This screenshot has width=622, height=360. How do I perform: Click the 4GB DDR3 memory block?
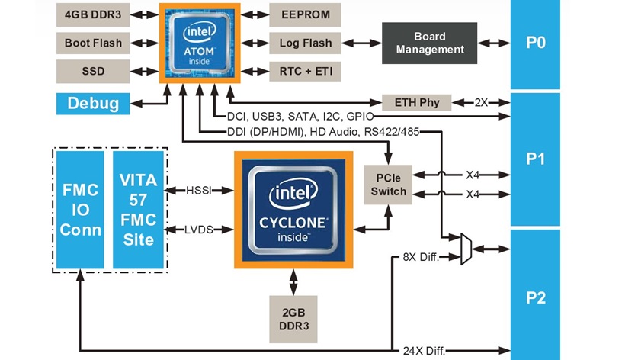(92, 14)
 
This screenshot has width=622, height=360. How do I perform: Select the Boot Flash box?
(92, 43)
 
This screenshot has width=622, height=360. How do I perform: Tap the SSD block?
(92, 72)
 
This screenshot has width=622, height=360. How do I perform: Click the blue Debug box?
(92, 103)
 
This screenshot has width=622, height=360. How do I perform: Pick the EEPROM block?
(305, 14)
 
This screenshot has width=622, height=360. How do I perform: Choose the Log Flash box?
(305, 43)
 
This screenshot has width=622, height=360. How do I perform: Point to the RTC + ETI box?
(305, 72)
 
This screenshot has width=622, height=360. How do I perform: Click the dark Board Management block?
(429, 43)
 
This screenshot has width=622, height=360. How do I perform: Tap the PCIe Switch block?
(389, 184)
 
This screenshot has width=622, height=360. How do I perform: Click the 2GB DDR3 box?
(293, 317)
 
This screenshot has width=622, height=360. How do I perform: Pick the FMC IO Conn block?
(80, 209)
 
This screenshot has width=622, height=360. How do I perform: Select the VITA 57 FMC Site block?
(138, 209)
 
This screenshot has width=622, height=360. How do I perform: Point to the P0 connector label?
(536, 43)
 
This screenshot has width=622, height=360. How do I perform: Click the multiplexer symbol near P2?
(466, 249)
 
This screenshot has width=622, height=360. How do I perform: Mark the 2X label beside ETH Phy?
(481, 102)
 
